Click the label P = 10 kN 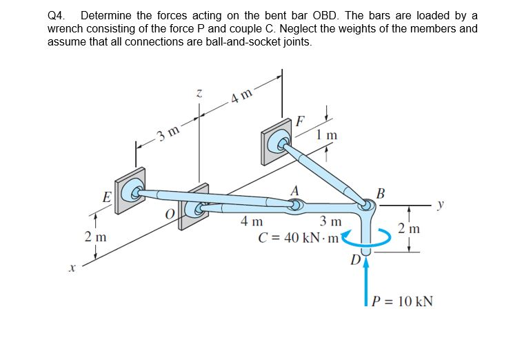[x=403, y=301]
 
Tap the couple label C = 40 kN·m [x=298, y=239]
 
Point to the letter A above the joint [x=294, y=190]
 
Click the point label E [x=107, y=197]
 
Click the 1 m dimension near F [x=327, y=135]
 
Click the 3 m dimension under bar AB [x=330, y=222]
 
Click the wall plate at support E [x=128, y=190]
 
